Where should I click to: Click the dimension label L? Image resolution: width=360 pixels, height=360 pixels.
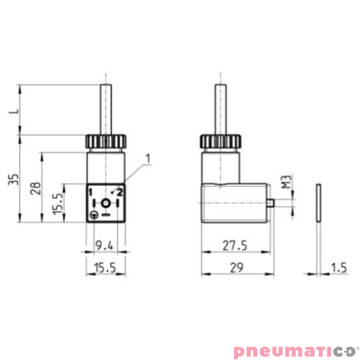coord(11,111)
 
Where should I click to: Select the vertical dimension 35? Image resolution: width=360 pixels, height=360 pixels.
coord(11,180)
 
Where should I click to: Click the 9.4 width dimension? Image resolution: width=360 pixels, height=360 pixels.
coord(104,246)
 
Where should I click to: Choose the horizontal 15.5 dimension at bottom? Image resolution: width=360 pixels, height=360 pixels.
coord(104,268)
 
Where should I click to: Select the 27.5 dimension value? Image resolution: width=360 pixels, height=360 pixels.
coord(233,246)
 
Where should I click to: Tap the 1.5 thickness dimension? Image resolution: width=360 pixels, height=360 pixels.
coord(339,268)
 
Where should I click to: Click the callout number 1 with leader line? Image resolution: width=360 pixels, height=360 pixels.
coord(147,158)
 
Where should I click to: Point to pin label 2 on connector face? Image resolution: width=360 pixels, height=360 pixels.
coord(120,192)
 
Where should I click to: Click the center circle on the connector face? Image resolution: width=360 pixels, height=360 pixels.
coord(105,202)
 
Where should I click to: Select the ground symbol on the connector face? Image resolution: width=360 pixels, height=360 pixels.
coord(95,215)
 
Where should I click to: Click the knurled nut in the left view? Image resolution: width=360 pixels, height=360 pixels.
coord(105,142)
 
